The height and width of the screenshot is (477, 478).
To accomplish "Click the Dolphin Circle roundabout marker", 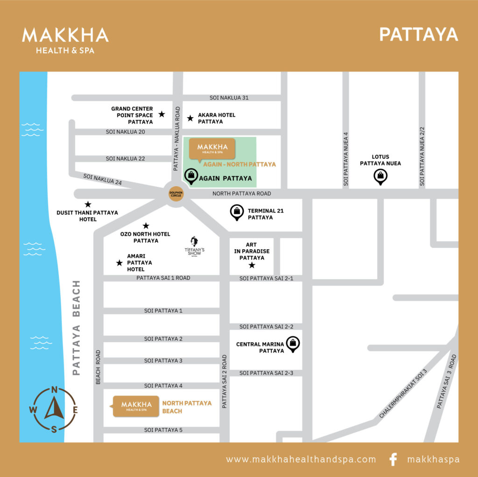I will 176,194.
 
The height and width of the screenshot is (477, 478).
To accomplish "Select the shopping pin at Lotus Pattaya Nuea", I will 380,176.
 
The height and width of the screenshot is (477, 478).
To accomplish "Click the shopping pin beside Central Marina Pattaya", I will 293,344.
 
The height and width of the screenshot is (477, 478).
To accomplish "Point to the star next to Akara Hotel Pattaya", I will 190,118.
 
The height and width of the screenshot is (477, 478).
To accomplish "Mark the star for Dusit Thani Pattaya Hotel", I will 88,204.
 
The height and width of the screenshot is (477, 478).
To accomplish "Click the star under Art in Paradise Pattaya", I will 252,265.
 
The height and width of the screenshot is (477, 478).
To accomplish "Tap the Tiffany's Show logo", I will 194,246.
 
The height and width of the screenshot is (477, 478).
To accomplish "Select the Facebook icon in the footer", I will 393,459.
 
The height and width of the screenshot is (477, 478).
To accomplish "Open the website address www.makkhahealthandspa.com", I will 301,459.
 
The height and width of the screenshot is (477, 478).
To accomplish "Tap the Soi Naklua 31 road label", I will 229,98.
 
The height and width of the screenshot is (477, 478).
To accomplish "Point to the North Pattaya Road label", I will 241,193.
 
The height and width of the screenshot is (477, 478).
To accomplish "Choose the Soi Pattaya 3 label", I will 163,360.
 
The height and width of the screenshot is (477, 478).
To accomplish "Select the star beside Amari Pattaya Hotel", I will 119,263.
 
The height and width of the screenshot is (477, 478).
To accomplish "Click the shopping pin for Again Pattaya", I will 191,176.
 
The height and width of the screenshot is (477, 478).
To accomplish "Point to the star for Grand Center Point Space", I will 162,114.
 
